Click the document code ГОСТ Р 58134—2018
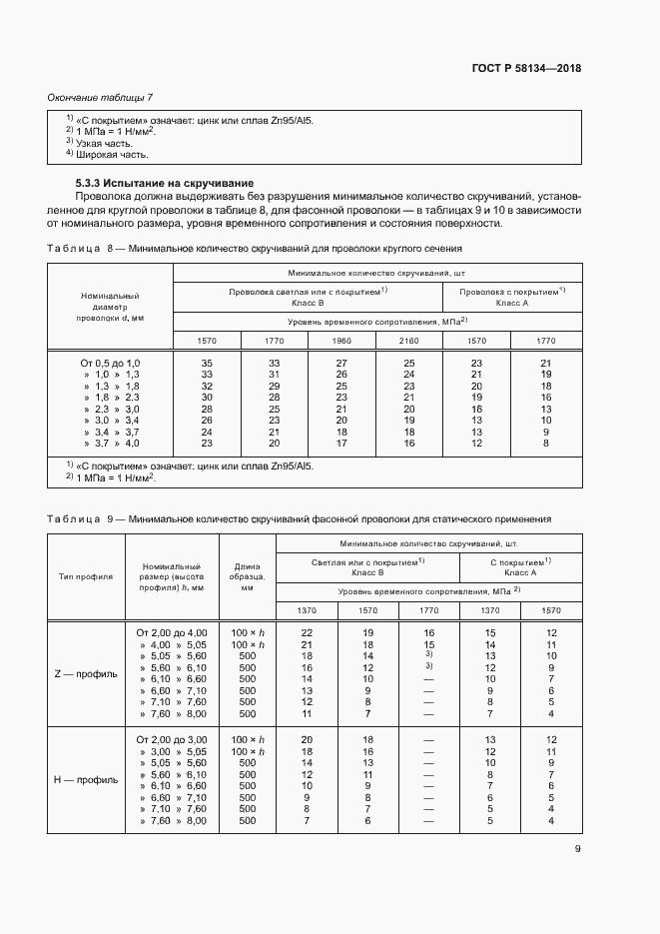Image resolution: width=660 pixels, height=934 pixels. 526,69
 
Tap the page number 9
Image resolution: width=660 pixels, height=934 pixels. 577,850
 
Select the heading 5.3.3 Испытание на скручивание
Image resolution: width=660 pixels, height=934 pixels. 165,184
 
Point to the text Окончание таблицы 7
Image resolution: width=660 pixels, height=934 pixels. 100,97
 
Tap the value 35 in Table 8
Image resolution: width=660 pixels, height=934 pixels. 207,363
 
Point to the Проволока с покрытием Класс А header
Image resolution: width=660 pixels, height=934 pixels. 512,296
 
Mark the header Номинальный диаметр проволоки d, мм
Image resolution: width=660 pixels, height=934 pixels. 111,307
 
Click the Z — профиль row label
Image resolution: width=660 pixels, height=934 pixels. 85,673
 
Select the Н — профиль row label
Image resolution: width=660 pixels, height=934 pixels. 85,779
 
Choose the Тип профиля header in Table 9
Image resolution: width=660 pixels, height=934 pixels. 86,576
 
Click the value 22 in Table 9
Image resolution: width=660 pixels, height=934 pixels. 307,633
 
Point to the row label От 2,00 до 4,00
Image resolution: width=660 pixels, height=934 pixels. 171,633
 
